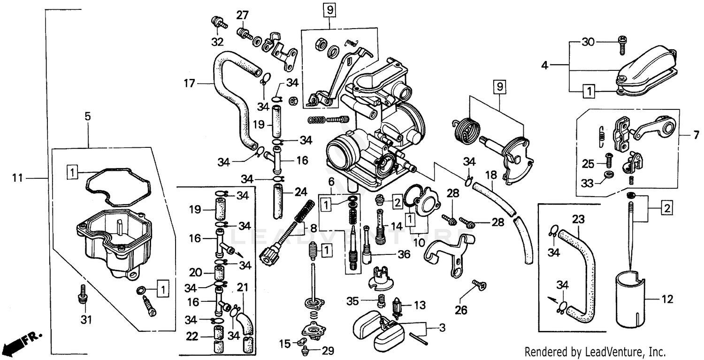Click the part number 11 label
17,178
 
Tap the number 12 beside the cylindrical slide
667,299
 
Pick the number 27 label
242,15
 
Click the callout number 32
217,42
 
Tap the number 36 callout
404,254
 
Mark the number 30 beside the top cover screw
588,42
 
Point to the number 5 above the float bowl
88,115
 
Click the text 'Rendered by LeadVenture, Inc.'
595,351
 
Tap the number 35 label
353,300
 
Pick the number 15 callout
284,344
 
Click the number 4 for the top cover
544,65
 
